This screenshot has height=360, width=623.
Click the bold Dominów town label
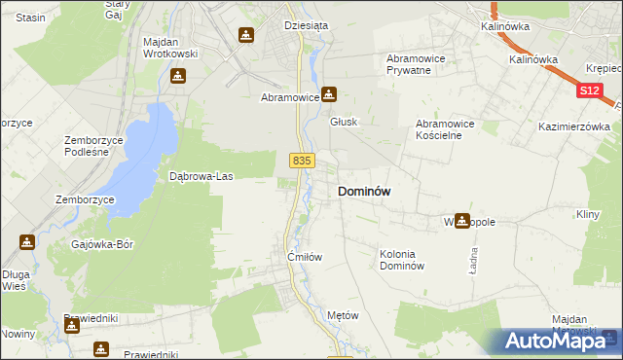(x=364, y=192)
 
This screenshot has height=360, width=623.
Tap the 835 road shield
(x=302, y=161)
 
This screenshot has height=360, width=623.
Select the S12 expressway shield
(x=588, y=90)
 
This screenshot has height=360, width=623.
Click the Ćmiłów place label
(x=304, y=257)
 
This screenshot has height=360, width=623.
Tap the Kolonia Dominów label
(x=402, y=260)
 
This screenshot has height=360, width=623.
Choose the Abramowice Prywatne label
(x=416, y=64)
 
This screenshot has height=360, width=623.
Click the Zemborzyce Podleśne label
(x=92, y=146)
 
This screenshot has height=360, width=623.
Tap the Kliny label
(x=587, y=213)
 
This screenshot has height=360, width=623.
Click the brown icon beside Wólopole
(x=462, y=221)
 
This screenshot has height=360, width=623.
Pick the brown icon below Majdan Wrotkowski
(x=177, y=75)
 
